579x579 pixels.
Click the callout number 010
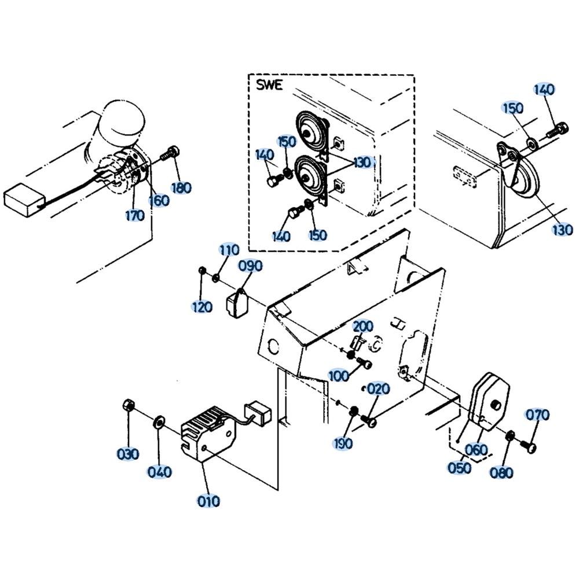pos(208,500)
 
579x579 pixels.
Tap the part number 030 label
pos(127,454)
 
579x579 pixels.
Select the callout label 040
pos(159,472)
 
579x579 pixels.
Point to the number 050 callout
pos(460,467)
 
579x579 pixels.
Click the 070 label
pos(537,415)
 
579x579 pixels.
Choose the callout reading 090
pos(251,266)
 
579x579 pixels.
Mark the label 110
pos(229,250)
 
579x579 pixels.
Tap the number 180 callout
pos(181,188)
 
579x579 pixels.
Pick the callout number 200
pos(363,327)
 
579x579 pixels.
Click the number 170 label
pos(134,216)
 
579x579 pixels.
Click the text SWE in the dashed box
pos(269,86)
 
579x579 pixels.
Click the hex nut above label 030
pos(129,405)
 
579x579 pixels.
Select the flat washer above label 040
pos(158,420)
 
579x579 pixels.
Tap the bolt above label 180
pos(170,154)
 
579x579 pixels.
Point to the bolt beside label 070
pos(528,445)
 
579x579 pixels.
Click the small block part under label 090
pos(236,303)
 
